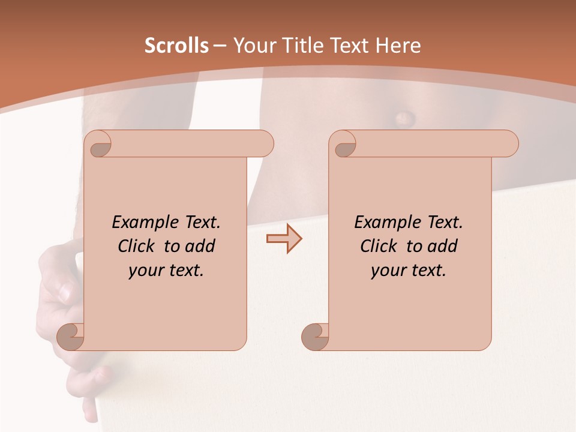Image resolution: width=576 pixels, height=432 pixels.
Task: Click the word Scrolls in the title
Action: tap(177, 46)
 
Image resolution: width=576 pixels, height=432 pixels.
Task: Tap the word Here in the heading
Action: tap(398, 46)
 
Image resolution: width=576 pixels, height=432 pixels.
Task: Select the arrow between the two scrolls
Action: tap(284, 239)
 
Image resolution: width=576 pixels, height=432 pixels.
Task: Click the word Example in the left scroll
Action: tap(140, 222)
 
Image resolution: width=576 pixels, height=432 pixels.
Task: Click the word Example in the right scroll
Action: tap(382, 222)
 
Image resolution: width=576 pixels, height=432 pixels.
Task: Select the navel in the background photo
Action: tap(403, 117)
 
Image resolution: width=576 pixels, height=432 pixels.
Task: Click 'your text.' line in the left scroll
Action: tap(166, 270)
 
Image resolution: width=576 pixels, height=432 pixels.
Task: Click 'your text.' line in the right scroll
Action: tap(409, 270)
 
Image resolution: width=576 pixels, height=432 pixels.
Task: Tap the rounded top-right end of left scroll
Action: tap(264, 144)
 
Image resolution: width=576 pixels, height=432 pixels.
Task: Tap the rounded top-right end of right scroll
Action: tap(509, 144)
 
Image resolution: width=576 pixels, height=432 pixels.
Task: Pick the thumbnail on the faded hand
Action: tap(64, 293)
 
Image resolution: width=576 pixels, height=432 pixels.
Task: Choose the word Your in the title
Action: tap(251, 46)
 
